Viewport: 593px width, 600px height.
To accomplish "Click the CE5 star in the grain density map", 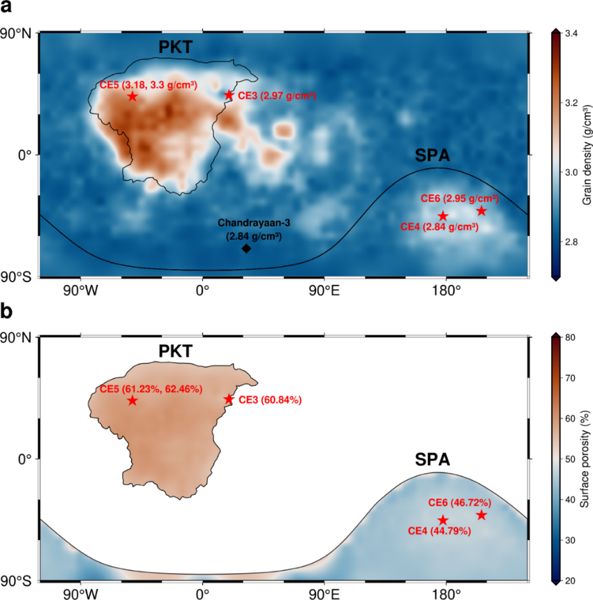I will click(133, 96).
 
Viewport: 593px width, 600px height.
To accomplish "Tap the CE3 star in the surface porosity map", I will click(228, 399).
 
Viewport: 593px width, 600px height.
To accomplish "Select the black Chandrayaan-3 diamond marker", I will click(246, 249).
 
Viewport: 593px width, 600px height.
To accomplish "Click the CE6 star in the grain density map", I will click(481, 211).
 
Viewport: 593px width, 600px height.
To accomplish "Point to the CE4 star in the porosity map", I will click(443, 520).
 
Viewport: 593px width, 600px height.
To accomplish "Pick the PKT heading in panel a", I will click(175, 47).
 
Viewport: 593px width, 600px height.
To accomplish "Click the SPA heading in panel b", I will click(433, 459).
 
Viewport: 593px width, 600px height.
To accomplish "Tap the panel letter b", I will click(7, 311).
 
